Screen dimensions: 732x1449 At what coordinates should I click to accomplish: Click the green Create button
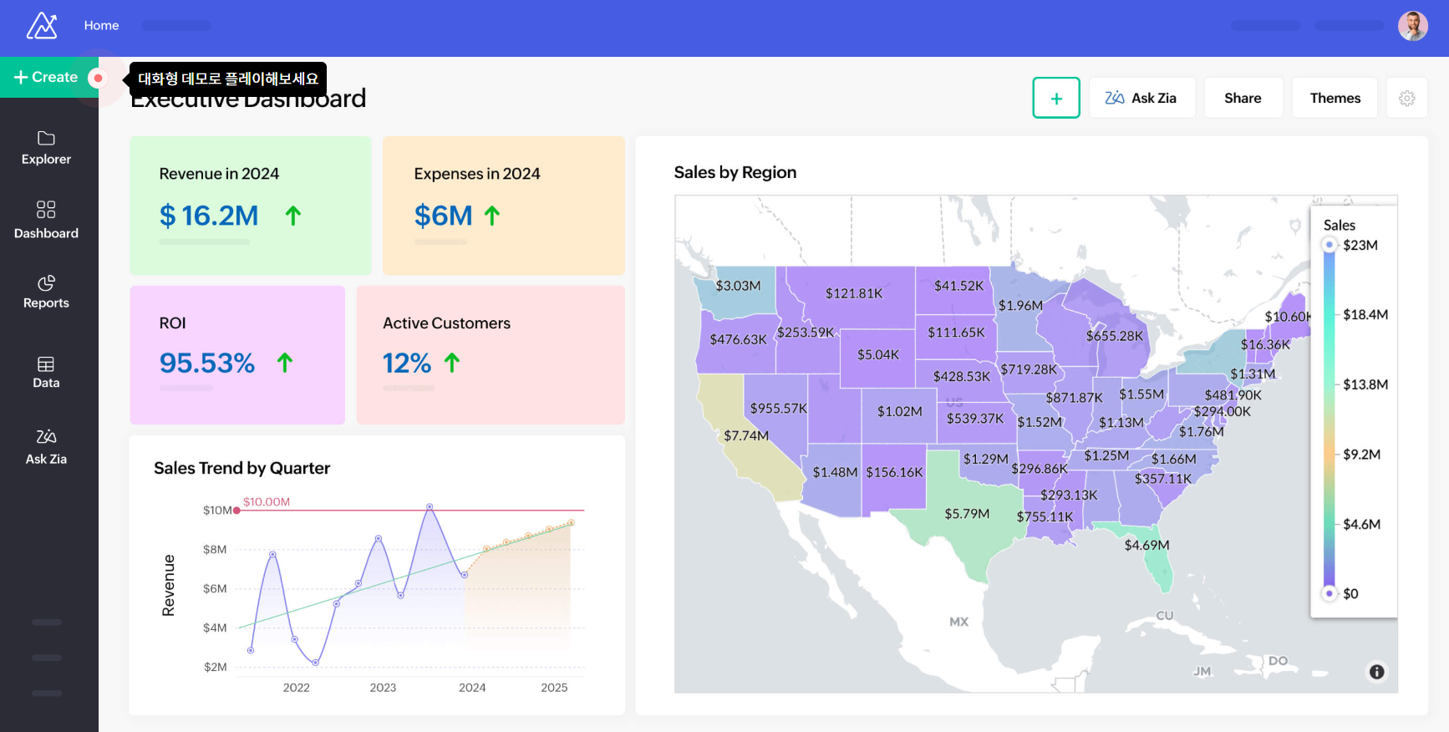click(47, 78)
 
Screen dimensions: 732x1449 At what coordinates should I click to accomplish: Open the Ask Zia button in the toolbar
click(1141, 99)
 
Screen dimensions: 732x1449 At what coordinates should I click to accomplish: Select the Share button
click(1243, 99)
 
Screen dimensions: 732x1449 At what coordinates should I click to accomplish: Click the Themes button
click(1335, 99)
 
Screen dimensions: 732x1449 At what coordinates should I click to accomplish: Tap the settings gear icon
click(1407, 99)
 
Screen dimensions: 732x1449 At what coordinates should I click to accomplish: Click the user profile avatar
click(1413, 27)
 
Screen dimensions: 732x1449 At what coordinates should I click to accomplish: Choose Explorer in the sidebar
click(46, 148)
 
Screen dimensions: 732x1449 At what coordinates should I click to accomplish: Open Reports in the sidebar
click(46, 292)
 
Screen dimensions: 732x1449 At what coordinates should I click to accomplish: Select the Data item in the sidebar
click(46, 372)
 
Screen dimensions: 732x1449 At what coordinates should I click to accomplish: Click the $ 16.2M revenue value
click(209, 216)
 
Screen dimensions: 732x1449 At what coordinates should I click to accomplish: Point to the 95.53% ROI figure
click(207, 363)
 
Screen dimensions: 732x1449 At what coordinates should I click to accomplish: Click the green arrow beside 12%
click(452, 363)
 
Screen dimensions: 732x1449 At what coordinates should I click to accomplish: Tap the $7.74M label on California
click(746, 435)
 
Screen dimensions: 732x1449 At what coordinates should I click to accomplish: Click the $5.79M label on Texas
click(967, 514)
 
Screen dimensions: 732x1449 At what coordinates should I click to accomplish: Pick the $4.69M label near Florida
click(1146, 546)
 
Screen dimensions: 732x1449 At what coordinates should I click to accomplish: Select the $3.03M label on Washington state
click(738, 286)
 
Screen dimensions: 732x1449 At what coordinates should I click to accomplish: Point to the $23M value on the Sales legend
click(1360, 245)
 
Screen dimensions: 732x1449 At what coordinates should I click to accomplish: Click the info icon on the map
click(1376, 672)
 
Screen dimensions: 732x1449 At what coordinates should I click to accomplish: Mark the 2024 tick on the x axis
click(472, 688)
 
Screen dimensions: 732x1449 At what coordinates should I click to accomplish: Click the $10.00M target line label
click(267, 502)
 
